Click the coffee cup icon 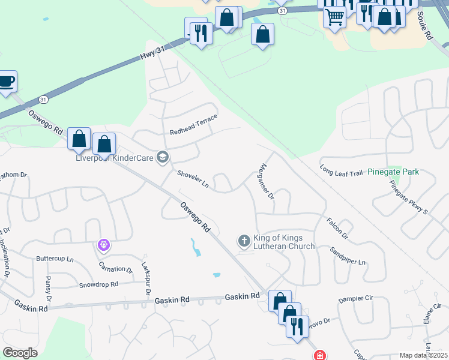[x=6, y=82]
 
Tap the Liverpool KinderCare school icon [x=162, y=158]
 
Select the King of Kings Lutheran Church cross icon [x=244, y=241]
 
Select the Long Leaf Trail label [x=342, y=172]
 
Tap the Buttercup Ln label [x=55, y=259]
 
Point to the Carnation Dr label [x=116, y=269]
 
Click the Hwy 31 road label [x=152, y=53]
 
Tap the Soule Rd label [x=424, y=28]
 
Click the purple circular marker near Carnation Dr [x=104, y=245]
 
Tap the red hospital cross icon [x=321, y=355]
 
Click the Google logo [x=20, y=353]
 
